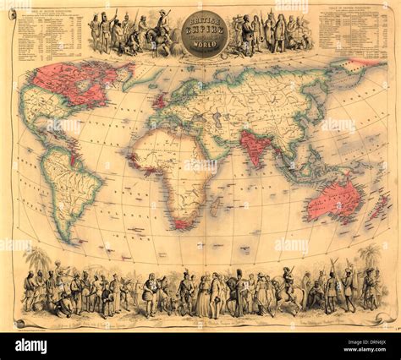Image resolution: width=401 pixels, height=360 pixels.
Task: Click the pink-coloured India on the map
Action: [253, 145]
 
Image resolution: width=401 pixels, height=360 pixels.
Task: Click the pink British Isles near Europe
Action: [158, 98]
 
